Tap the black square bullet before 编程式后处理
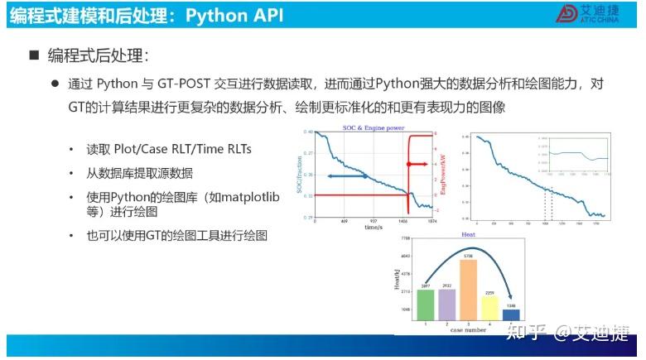[35, 55]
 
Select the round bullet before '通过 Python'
[55, 84]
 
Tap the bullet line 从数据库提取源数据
[139, 173]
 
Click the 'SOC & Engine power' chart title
[373, 127]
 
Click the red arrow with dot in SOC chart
[418, 165]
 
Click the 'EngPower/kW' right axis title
[445, 175]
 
